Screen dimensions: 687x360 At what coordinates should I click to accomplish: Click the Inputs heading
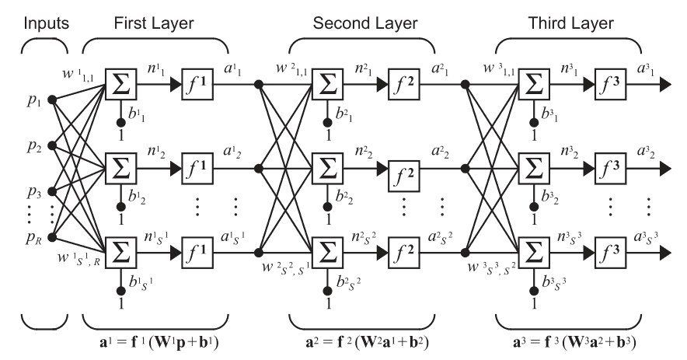46,23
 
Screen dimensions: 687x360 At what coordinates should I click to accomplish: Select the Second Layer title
365,23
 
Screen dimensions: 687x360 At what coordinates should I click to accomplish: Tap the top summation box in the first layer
121,84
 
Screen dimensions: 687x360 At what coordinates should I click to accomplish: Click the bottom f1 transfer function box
197,252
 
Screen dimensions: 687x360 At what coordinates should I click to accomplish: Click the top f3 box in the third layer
610,84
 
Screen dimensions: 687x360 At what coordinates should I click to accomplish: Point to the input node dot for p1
52,100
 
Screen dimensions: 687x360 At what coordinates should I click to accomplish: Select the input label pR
33,238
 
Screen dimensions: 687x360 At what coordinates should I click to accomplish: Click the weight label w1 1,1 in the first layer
78,75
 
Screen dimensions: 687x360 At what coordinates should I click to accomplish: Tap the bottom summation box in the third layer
534,252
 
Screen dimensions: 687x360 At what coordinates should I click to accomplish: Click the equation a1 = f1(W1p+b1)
159,342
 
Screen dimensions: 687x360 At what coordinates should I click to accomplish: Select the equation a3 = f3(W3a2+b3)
574,342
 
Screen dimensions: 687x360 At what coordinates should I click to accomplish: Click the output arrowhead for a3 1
664,84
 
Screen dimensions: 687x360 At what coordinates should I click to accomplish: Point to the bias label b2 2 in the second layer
344,197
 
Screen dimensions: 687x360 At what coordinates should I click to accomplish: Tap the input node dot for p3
52,191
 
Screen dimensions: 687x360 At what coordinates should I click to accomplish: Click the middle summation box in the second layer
327,169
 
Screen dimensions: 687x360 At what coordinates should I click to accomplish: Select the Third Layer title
570,23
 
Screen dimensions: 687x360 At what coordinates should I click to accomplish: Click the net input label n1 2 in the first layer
156,152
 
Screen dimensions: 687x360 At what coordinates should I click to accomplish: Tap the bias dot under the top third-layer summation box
534,122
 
